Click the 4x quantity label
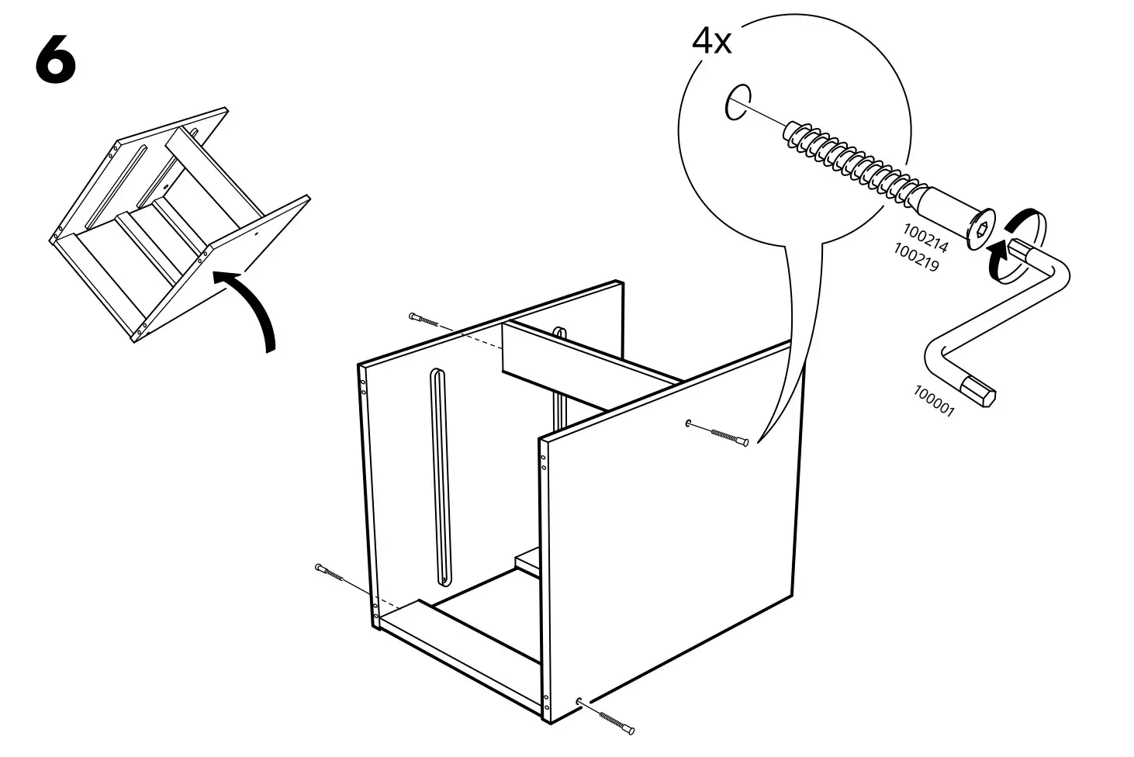711,41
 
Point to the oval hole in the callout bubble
733,102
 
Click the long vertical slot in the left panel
440,477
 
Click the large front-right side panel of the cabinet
667,535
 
